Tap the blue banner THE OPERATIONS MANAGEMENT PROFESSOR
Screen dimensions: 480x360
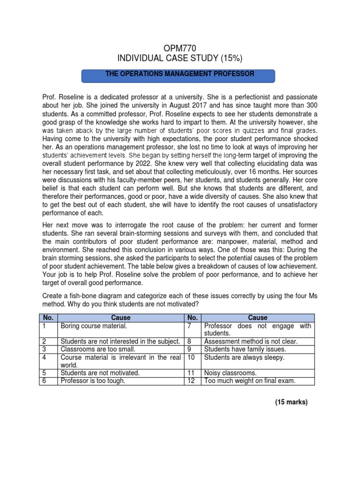point(179,75)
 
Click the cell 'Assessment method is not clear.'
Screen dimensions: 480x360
point(251,342)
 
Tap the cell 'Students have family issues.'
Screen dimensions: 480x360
point(245,349)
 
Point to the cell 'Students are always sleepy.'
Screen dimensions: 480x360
point(244,358)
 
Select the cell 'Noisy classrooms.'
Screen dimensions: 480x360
point(230,373)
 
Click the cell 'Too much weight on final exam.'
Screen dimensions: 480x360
point(250,381)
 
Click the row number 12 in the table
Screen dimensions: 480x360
point(190,381)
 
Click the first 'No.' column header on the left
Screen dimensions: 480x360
point(47,317)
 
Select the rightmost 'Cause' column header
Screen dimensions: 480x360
point(258,317)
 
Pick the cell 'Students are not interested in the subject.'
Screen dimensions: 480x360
point(120,342)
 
